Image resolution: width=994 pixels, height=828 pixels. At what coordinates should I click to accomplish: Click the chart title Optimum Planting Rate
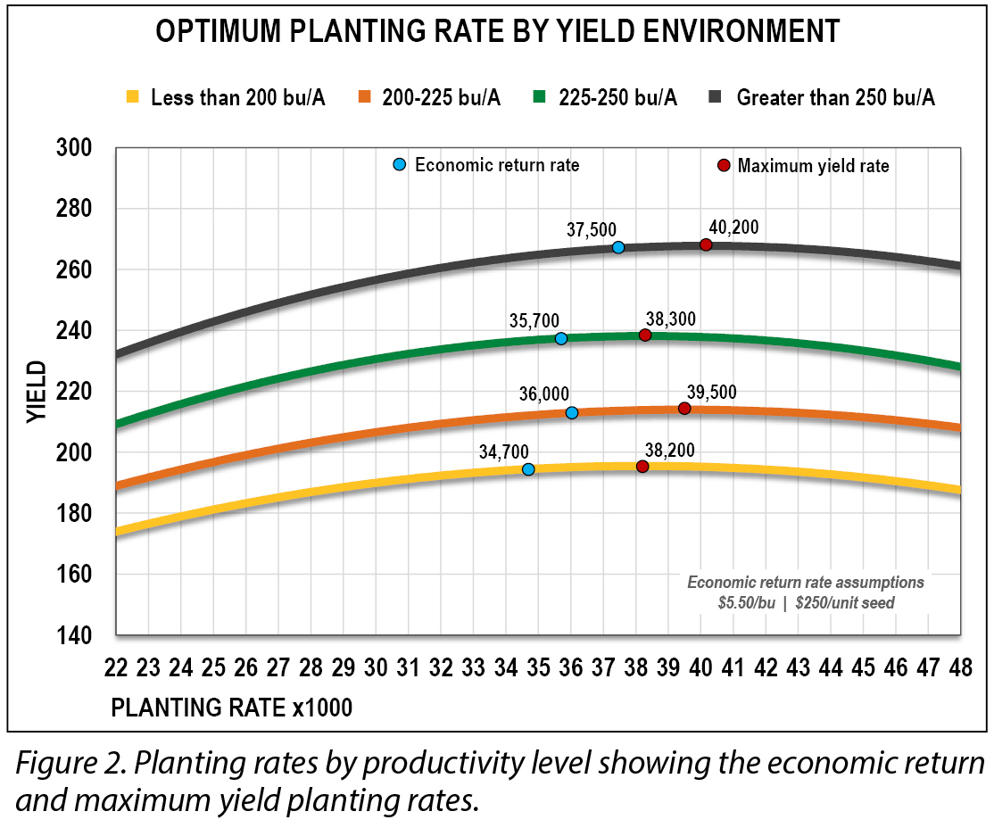point(497,31)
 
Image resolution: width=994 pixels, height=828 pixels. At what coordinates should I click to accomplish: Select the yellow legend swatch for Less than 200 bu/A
point(132,97)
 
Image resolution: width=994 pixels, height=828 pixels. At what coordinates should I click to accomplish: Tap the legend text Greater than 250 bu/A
point(835,97)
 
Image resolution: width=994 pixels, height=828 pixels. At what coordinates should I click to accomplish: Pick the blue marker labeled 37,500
point(618,247)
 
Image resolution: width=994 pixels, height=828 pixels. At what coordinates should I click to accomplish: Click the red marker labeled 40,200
point(706,244)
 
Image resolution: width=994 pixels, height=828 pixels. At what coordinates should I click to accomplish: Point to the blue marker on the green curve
point(560,338)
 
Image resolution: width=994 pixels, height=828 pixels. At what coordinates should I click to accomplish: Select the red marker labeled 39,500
point(684,408)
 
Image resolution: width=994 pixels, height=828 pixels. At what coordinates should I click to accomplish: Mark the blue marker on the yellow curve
point(528,469)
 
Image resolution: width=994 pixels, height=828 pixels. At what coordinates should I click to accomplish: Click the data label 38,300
point(670,318)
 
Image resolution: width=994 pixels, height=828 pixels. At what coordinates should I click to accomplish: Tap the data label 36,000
point(545,393)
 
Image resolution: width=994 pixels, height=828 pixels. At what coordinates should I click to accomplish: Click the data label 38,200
point(670,450)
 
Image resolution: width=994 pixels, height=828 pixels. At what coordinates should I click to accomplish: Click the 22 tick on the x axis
point(116,668)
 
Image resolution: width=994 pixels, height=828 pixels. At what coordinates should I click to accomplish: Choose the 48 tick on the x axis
point(960,668)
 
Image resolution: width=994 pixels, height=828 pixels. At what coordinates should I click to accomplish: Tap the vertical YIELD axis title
point(35,392)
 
